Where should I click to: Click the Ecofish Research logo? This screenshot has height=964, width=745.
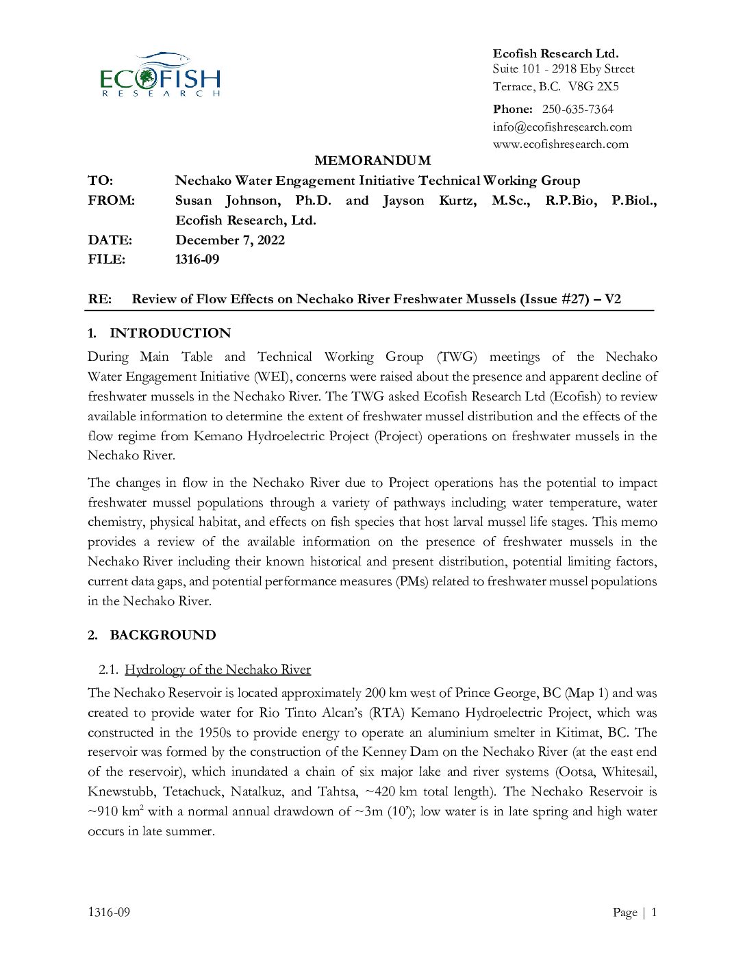[x=160, y=75]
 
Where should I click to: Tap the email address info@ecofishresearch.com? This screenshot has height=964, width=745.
[x=562, y=127]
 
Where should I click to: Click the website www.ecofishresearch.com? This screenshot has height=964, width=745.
[x=560, y=144]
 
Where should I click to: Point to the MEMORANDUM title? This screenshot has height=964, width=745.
[x=372, y=161]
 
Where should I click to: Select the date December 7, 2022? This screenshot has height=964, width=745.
[x=230, y=240]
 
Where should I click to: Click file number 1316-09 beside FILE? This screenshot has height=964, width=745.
[x=197, y=259]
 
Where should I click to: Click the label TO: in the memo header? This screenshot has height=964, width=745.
[x=100, y=181]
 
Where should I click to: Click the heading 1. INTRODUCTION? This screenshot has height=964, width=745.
[x=159, y=333]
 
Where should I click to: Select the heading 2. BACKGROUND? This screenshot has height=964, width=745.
[x=151, y=635]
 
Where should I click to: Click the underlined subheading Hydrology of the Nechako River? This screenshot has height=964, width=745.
[x=218, y=670]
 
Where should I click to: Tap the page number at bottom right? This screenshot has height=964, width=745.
[x=653, y=912]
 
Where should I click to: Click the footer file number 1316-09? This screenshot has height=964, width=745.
[x=109, y=912]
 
